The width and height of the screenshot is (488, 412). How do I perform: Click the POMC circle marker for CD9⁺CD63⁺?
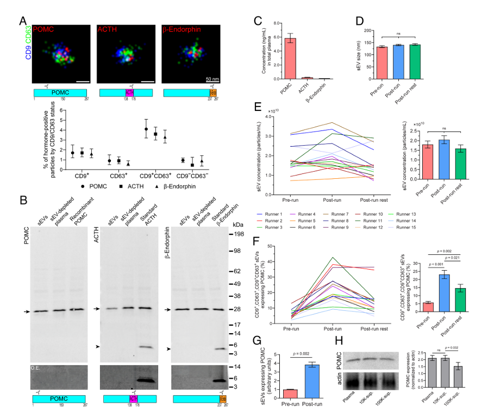(146, 129)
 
